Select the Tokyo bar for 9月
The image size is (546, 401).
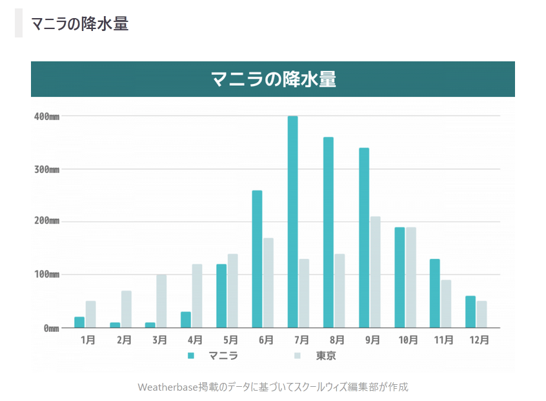375,272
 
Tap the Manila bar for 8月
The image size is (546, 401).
329,232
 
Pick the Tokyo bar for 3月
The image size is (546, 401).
161,301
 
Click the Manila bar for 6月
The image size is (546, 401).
257,259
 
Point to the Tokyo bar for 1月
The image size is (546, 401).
90,314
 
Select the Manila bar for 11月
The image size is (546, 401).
435,293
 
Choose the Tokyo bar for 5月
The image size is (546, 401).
232,291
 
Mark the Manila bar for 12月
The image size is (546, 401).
470,312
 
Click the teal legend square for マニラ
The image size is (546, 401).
191,356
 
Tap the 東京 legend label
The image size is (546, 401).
326,356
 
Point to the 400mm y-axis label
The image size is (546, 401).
46,116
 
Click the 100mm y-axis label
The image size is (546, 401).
46,274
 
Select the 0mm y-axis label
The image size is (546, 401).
51,328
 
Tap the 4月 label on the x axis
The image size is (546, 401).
195,340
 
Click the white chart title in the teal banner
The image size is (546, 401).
273,79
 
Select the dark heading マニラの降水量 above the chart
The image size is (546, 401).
80,24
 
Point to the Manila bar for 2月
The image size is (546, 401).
115,325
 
